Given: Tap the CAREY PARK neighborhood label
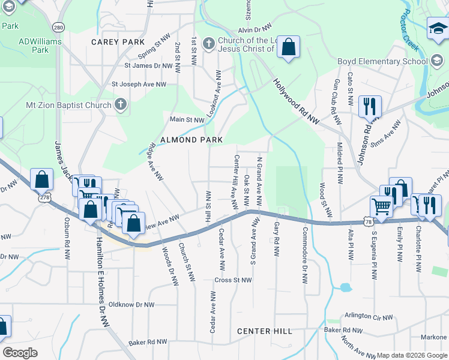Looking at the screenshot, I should click(x=118, y=42).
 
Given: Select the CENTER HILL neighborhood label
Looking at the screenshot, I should click(x=264, y=331).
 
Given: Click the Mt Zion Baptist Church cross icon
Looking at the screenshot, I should click(x=121, y=105).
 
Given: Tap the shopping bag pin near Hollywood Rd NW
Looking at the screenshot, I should click(x=289, y=47).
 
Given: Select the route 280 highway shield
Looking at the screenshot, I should click(x=58, y=28).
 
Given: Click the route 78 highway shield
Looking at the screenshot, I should click(x=367, y=223).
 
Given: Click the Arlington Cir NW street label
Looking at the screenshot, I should click(x=369, y=317).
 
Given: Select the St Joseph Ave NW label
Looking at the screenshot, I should click(x=139, y=85).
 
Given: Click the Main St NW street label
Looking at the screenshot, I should click(x=187, y=120).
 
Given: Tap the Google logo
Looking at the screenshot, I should click(x=20, y=353).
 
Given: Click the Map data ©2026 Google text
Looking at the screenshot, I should click(x=412, y=355).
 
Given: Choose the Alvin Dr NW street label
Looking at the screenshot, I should click(x=254, y=29).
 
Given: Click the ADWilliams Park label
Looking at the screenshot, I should click(x=33, y=46).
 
